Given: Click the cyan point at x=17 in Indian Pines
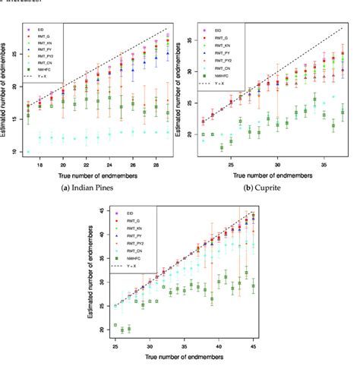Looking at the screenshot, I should [28, 152].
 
